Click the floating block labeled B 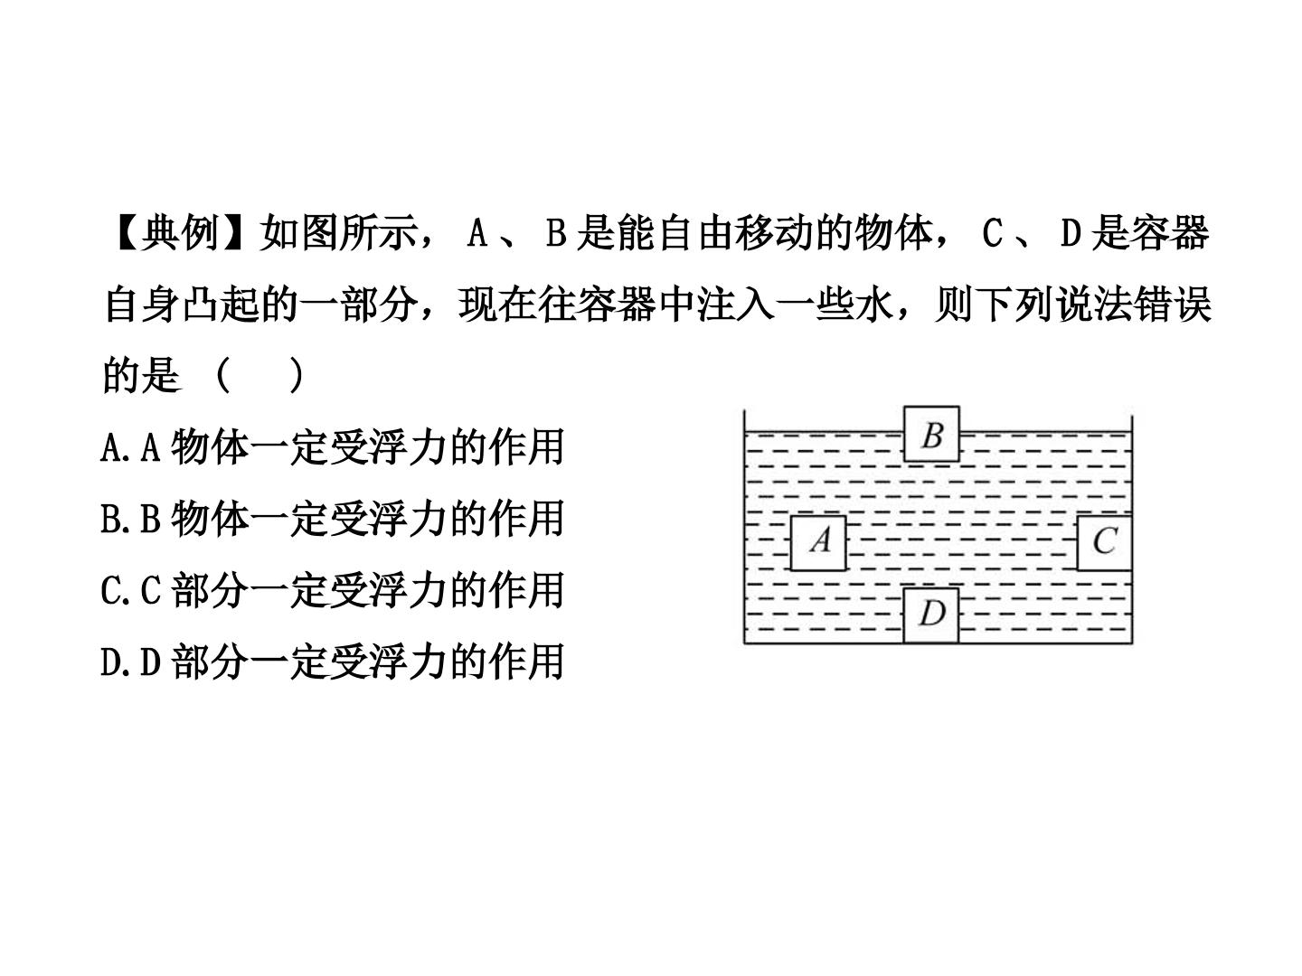930,434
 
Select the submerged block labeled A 818,543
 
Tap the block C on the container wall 1105,543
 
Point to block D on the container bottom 930,615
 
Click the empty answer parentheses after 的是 261,375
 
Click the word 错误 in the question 1172,304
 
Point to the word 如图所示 337,233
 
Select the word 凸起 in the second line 221,304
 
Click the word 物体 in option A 210,447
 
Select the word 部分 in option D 210,662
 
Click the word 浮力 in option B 407,519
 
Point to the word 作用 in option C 525,590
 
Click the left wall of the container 744,526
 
